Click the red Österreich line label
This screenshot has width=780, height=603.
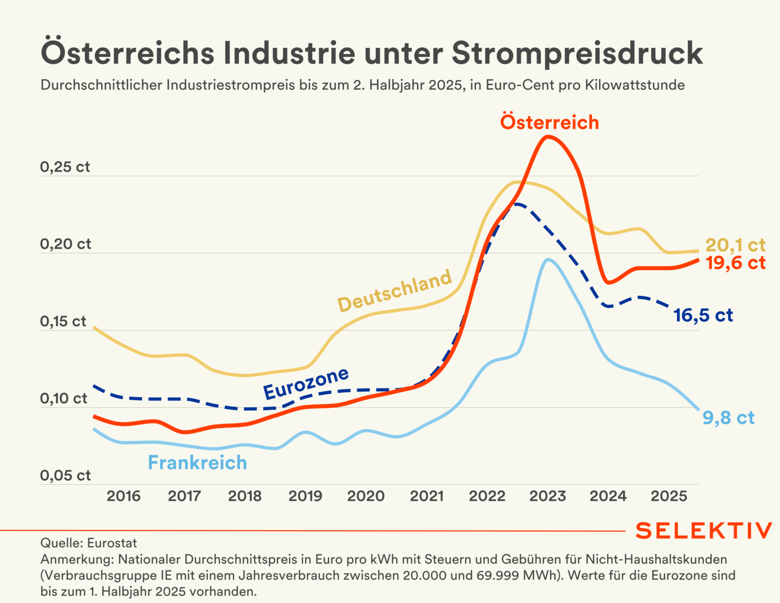point(549,122)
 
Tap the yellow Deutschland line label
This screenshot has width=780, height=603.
point(394,290)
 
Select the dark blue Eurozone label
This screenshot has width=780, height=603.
point(306,383)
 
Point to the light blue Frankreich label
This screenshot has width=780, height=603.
point(197,463)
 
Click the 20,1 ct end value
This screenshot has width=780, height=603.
point(735,245)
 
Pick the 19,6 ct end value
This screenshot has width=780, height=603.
point(735,263)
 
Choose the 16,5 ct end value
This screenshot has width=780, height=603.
point(703,315)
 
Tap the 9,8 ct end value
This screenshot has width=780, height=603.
point(729,418)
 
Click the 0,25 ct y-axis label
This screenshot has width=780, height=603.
point(65,167)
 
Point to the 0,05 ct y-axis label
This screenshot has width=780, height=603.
point(65,476)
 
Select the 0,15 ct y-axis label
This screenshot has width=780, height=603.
point(63,322)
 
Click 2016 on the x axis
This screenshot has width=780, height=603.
point(124,496)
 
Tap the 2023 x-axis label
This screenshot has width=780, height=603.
point(547,496)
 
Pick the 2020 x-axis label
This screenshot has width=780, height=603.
point(366,496)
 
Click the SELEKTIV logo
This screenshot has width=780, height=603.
point(703,531)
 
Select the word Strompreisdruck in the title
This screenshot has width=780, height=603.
point(577,52)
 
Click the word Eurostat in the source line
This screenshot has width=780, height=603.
point(112,543)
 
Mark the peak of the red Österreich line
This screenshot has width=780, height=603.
point(548,137)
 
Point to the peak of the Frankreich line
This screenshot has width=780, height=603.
point(547,259)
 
